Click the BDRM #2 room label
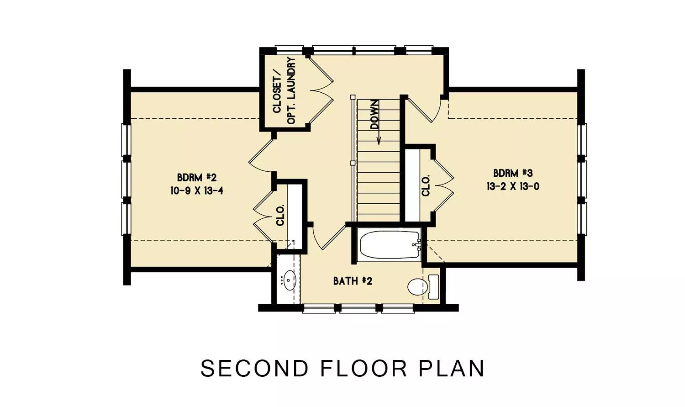(197, 177)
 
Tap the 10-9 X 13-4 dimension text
(197, 191)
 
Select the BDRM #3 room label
(513, 173)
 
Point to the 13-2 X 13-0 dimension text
(513, 186)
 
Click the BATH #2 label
(353, 281)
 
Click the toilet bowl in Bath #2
(417, 286)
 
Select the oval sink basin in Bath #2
(289, 280)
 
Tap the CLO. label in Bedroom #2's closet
(280, 215)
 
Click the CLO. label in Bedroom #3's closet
(426, 185)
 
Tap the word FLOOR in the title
(364, 368)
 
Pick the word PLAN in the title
(451, 368)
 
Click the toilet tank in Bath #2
(434, 287)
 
